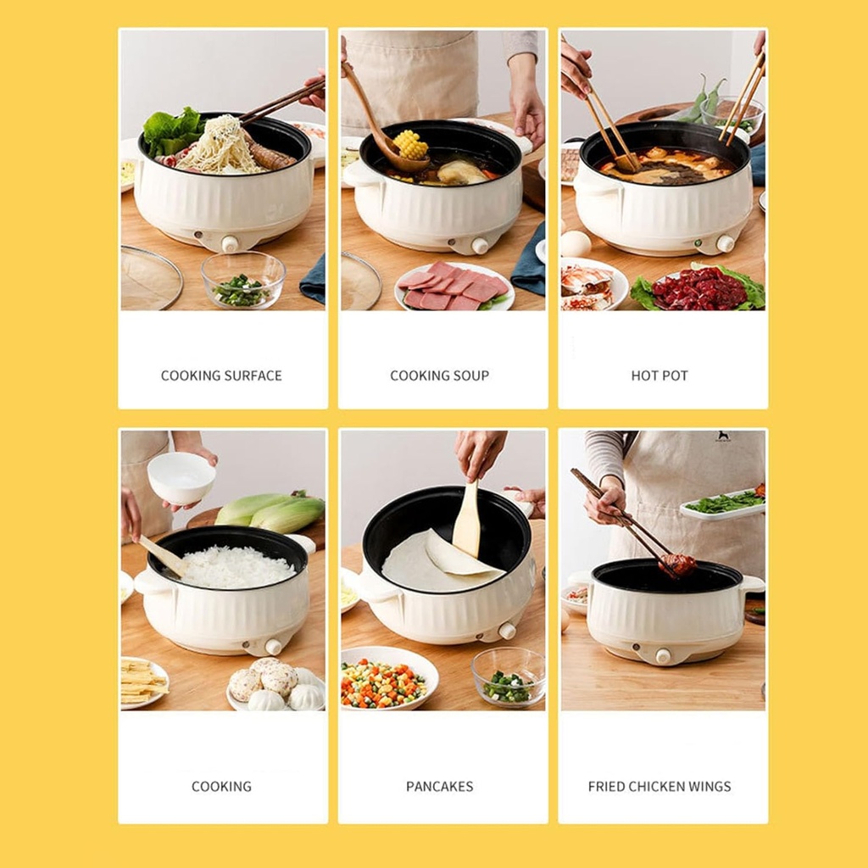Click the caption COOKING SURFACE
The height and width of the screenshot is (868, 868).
(x=221, y=376)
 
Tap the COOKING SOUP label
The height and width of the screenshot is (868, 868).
(x=439, y=376)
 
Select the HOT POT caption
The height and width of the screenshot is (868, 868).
(x=659, y=376)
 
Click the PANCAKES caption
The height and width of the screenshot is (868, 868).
(x=439, y=787)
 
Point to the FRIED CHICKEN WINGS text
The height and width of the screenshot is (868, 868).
(x=659, y=787)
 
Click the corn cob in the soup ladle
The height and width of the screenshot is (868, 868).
(x=411, y=144)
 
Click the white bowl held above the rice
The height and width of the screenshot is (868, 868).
(x=181, y=477)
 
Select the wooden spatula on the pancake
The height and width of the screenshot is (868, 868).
(x=466, y=520)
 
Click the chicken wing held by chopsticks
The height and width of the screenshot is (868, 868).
(x=678, y=564)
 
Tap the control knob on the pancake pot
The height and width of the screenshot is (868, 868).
(x=507, y=631)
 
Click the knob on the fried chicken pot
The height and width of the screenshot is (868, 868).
(x=663, y=656)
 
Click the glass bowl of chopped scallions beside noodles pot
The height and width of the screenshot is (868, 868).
(x=243, y=282)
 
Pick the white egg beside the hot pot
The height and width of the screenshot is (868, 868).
(x=576, y=243)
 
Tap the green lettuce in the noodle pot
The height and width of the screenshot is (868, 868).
(x=172, y=130)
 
